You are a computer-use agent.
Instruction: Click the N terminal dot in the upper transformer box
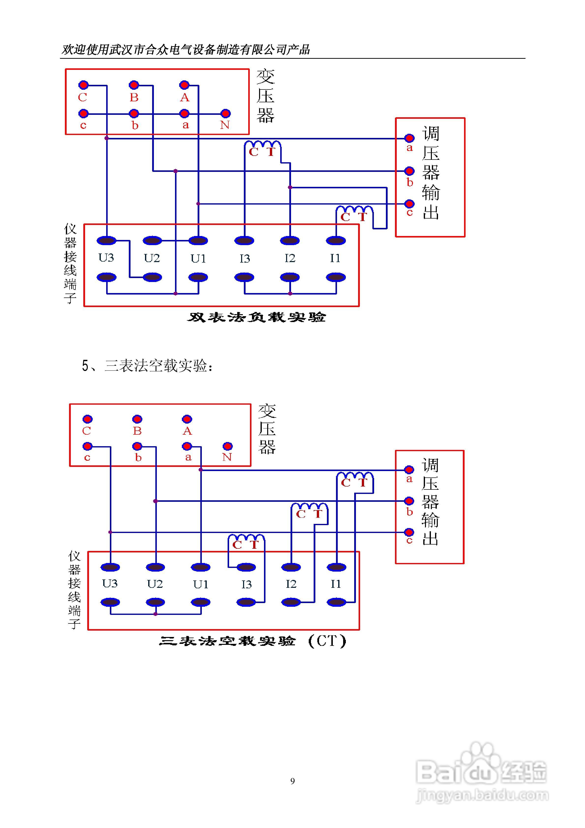[x=225, y=114]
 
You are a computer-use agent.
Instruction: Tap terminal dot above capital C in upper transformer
[x=83, y=85]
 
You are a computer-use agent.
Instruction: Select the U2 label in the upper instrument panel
[x=152, y=258]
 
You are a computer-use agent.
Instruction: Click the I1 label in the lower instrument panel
[x=336, y=584]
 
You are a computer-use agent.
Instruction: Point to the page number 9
[x=292, y=781]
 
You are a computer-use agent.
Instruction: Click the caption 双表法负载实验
[x=256, y=317]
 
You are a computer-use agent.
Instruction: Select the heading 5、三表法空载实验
[x=147, y=366]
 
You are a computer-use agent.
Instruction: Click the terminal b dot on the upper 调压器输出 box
[x=409, y=171]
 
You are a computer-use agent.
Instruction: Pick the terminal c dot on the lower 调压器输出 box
[x=409, y=532]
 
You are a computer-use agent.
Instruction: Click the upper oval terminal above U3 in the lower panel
[x=110, y=567]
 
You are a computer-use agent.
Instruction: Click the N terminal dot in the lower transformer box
[x=228, y=446]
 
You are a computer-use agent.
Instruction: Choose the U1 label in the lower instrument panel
[x=201, y=584]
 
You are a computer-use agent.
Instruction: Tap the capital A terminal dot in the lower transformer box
[x=187, y=419]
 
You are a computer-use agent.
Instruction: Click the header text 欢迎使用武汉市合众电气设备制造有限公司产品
[x=186, y=49]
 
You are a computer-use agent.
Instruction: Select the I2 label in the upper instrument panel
[x=290, y=258]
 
